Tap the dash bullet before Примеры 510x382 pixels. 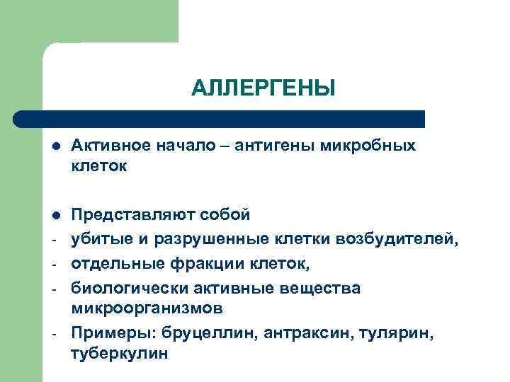(56, 333)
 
